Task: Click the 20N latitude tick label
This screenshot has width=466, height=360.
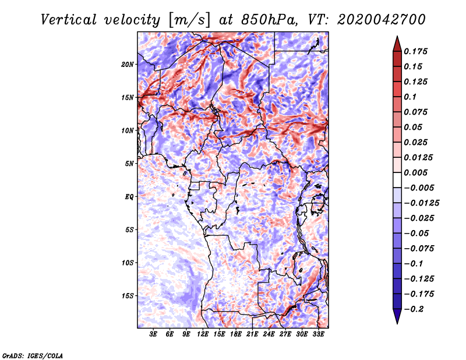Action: click(128, 64)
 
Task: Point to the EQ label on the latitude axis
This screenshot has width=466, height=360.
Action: click(129, 197)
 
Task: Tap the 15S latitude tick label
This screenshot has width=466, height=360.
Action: click(128, 296)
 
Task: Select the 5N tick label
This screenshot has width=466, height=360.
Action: click(129, 164)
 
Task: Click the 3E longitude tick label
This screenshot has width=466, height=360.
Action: click(153, 334)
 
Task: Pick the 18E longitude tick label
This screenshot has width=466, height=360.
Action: click(236, 334)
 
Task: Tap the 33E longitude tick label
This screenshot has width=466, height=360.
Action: click(318, 334)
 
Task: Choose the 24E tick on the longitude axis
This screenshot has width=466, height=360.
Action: click(269, 334)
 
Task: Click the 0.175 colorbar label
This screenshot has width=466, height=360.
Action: click(415, 51)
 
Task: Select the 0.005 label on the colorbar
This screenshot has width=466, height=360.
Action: click(415, 172)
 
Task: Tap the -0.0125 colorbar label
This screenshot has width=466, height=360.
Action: click(421, 203)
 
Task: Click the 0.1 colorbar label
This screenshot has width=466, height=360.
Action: click(410, 97)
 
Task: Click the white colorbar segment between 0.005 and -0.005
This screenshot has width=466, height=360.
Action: click(397, 180)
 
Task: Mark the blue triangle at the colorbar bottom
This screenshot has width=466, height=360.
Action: click(397, 316)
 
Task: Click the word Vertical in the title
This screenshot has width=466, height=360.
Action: click(69, 20)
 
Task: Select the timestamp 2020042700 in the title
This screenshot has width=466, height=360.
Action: click(382, 20)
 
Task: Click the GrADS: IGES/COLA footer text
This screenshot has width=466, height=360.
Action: click(33, 355)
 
